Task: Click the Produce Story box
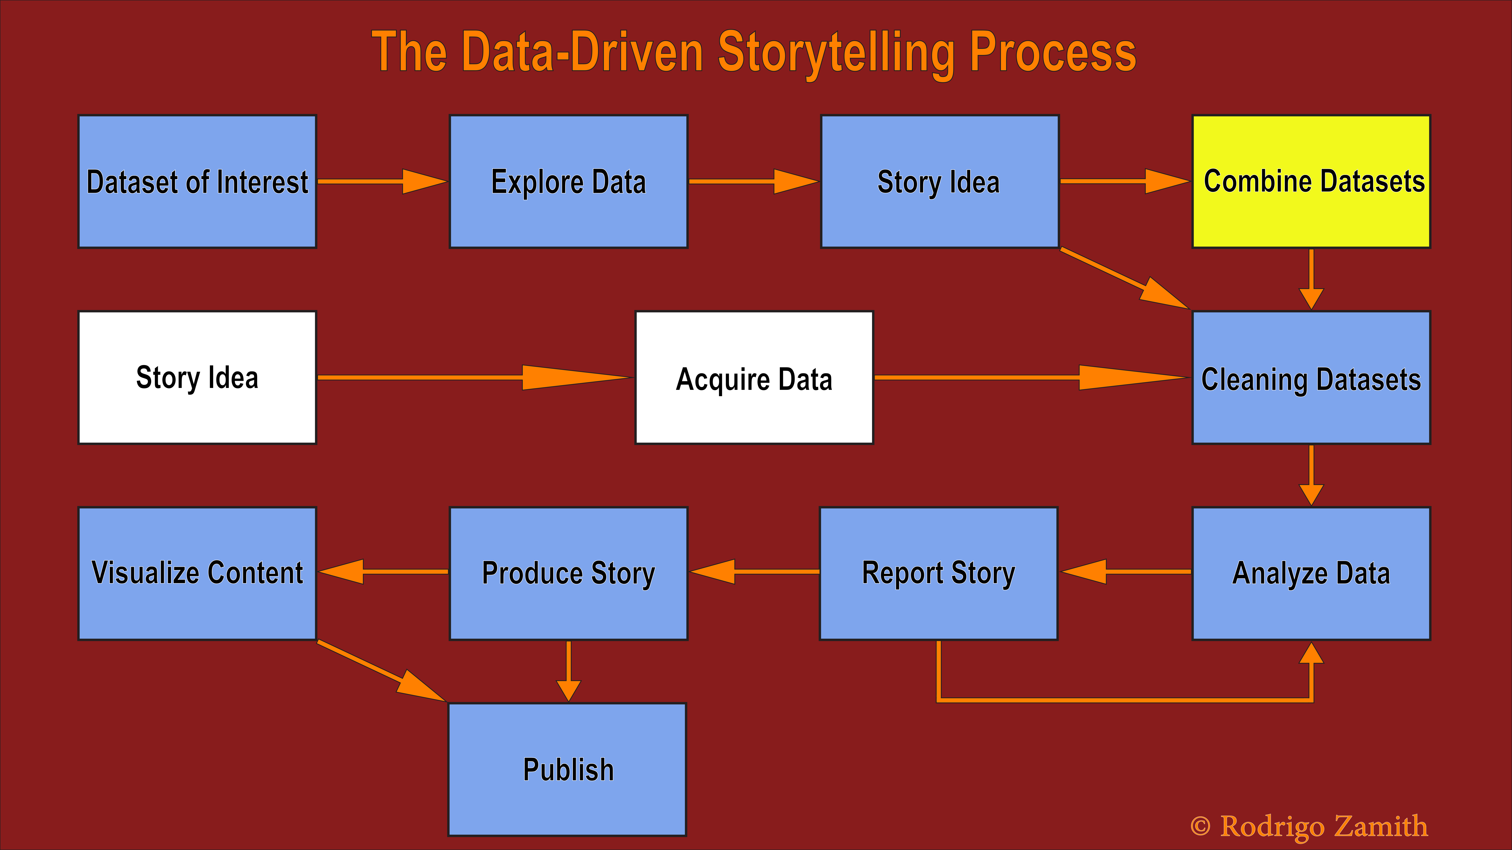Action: [568, 573]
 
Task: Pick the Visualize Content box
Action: [197, 573]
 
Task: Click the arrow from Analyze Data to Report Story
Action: [1126, 571]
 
